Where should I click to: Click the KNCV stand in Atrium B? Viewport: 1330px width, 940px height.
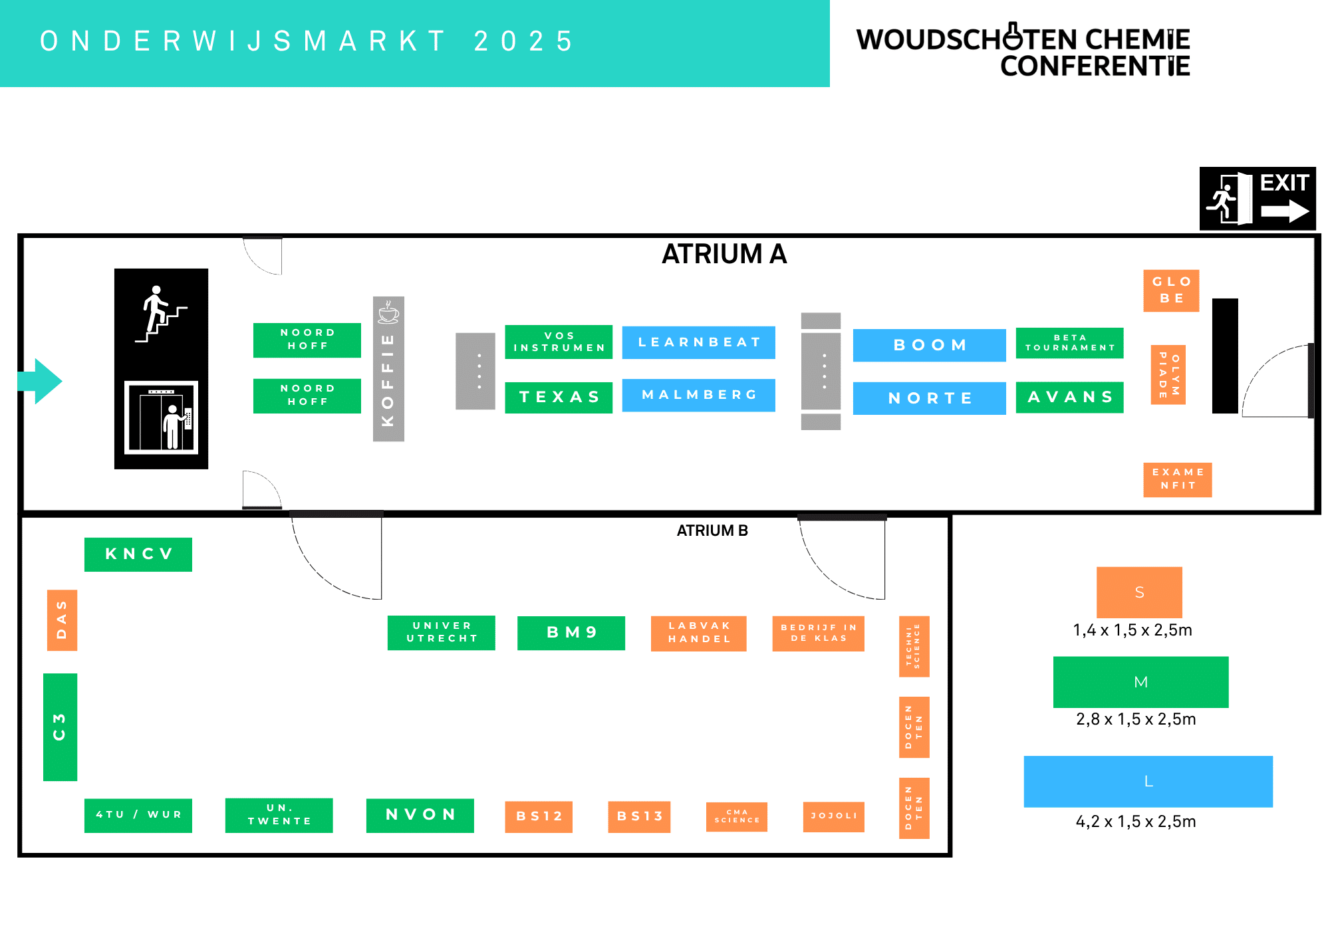pos(138,554)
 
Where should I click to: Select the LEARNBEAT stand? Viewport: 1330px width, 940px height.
pos(699,342)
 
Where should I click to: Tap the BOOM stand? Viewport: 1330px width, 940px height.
pos(930,345)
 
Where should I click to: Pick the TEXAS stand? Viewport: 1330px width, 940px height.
pos(559,397)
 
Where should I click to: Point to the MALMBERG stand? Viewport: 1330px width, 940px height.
pos(699,395)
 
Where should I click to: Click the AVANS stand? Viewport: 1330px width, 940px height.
pos(1070,398)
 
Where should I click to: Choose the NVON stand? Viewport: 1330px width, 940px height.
pos(420,816)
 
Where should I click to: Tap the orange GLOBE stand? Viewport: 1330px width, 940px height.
pos(1172,291)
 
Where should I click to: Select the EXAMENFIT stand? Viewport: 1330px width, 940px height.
pos(1178,479)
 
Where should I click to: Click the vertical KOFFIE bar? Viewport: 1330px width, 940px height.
pos(388,369)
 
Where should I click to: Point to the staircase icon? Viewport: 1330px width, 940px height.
pos(161,314)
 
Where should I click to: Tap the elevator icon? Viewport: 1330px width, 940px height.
pos(162,417)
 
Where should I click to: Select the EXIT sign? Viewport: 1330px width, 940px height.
pos(1258,199)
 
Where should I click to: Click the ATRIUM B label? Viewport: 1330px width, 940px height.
pos(712,530)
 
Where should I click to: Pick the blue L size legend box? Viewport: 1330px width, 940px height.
pos(1148,782)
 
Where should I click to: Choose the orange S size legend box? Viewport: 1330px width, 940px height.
pos(1139,592)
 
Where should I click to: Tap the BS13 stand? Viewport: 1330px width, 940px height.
pos(639,816)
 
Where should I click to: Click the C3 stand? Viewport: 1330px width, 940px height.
pos(60,727)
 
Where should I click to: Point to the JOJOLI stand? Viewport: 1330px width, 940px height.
pos(833,816)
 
